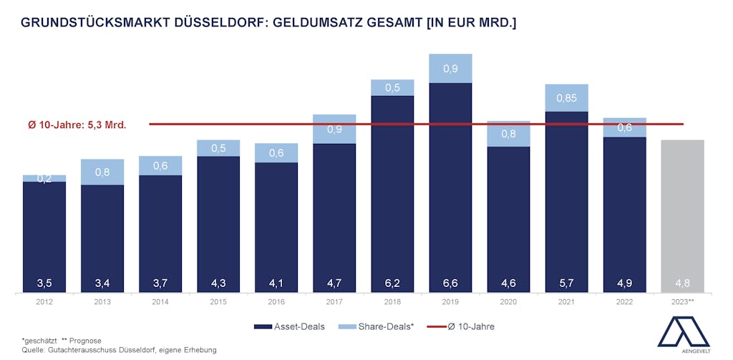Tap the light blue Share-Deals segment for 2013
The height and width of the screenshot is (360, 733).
pos(102,172)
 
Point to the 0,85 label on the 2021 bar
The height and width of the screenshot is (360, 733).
pos(566,98)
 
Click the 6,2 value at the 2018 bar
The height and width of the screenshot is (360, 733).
pos(392,283)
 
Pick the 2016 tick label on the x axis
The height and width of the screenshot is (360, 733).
pos(276,302)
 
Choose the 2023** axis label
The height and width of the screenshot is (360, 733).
pos(683,302)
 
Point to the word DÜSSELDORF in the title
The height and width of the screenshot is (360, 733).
pos(220,23)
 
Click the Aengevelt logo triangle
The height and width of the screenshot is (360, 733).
pos(681,331)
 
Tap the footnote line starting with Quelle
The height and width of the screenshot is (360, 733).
pos(119,349)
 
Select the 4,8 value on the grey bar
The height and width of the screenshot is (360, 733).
pos(682,283)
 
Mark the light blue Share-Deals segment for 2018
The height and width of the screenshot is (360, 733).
pos(392,87)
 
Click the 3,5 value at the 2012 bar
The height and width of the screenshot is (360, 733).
pos(44,283)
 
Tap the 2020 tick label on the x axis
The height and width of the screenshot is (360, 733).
pos(508,302)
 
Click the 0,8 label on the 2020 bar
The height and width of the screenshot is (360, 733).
pos(508,134)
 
